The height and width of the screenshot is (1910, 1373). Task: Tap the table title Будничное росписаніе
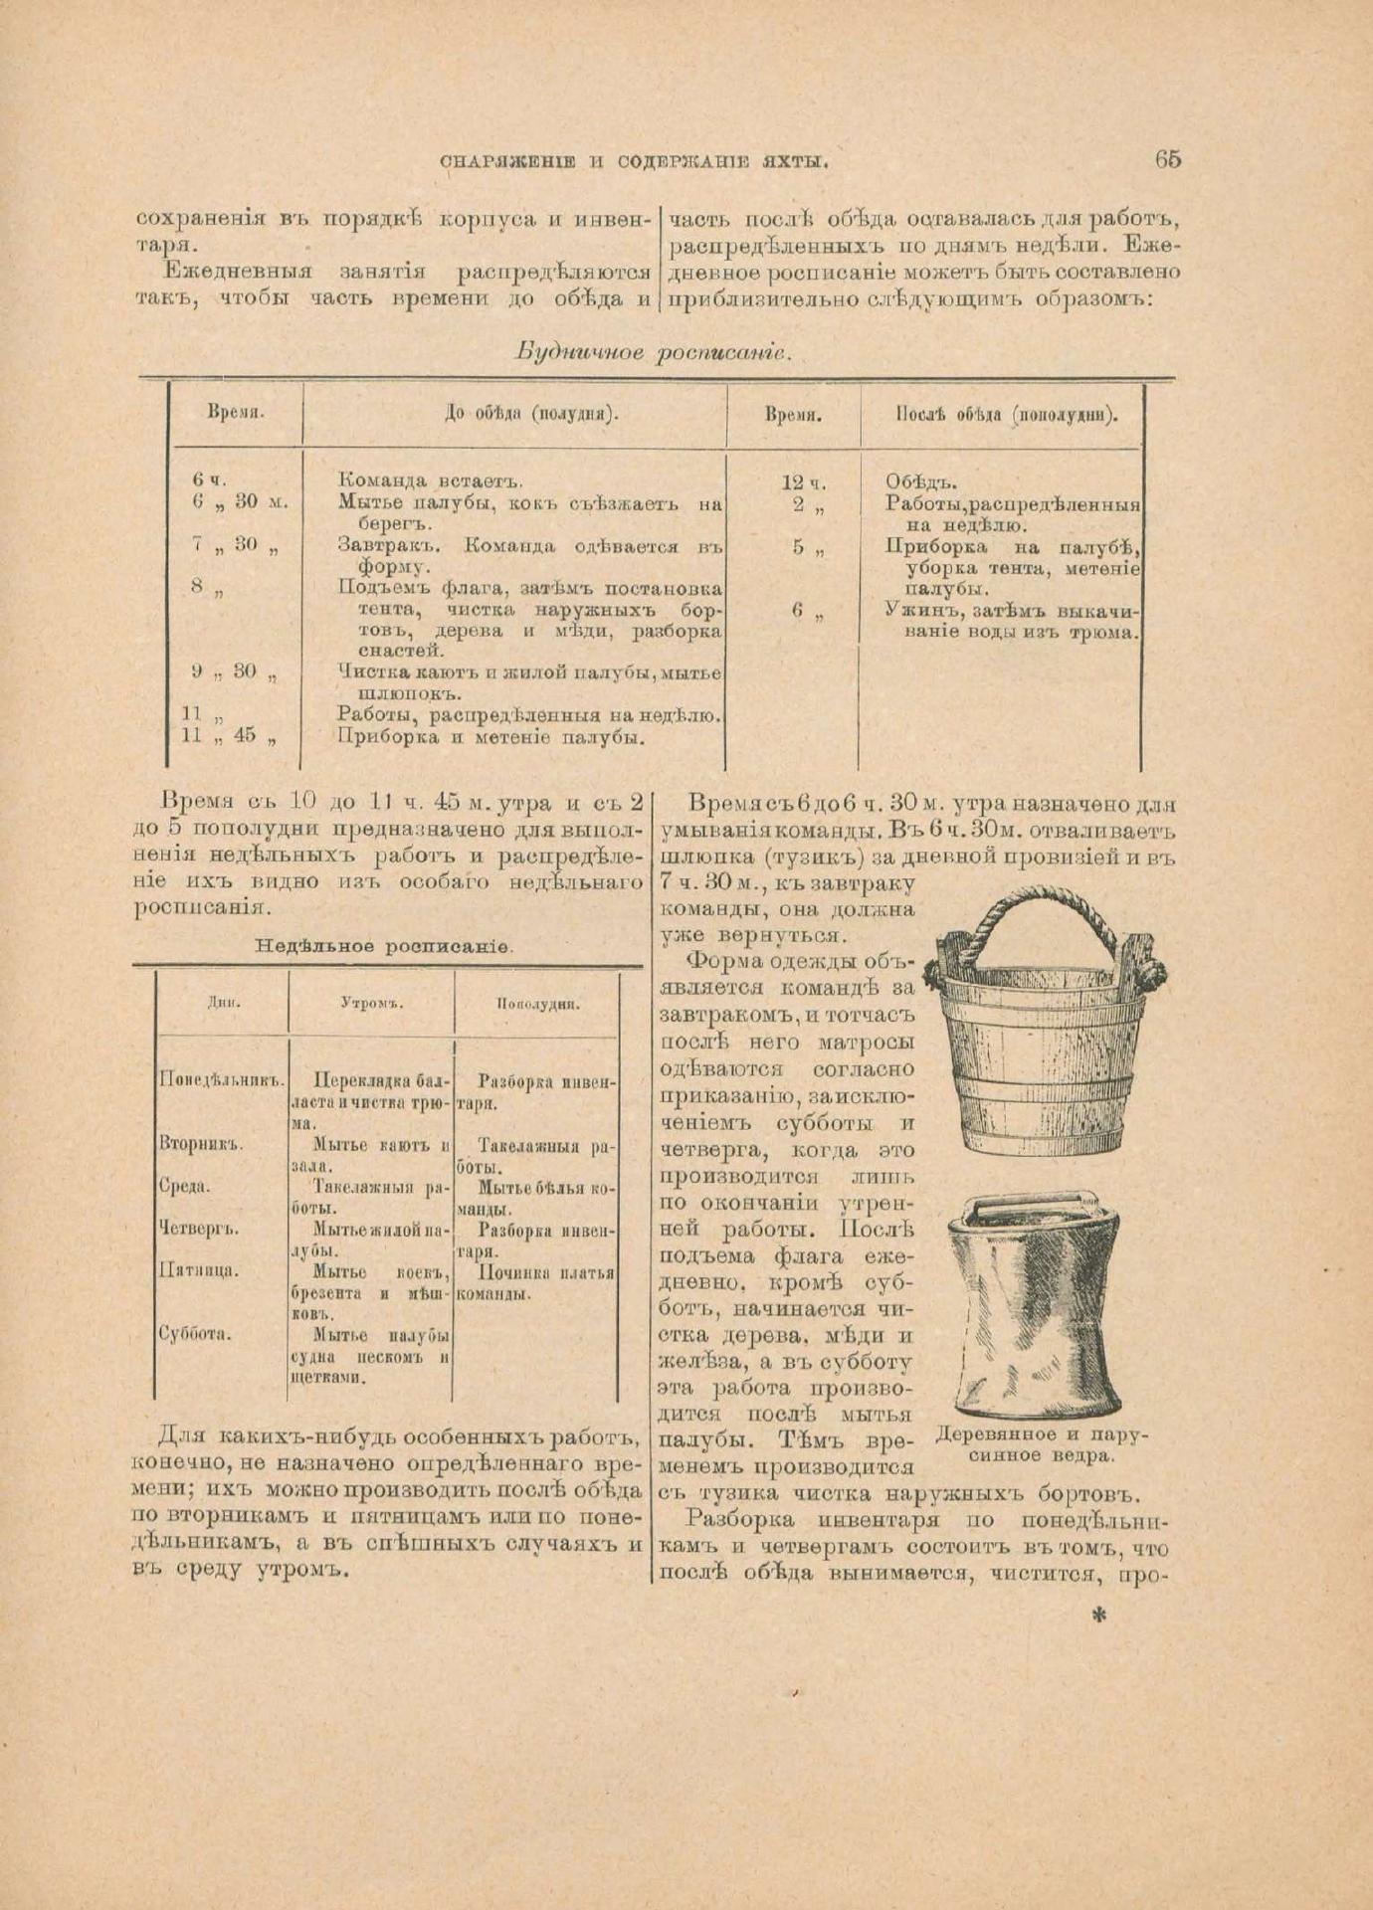pyautogui.click(x=653, y=352)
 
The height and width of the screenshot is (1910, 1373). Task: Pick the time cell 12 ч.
pyautogui.click(x=804, y=483)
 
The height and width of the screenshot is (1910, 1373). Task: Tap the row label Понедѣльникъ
pyautogui.click(x=222, y=1080)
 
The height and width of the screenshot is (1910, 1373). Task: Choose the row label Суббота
pyautogui.click(x=195, y=1335)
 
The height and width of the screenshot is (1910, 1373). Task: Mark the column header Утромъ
pyautogui.click(x=371, y=1003)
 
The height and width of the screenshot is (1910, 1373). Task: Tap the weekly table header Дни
pyautogui.click(x=223, y=1003)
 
